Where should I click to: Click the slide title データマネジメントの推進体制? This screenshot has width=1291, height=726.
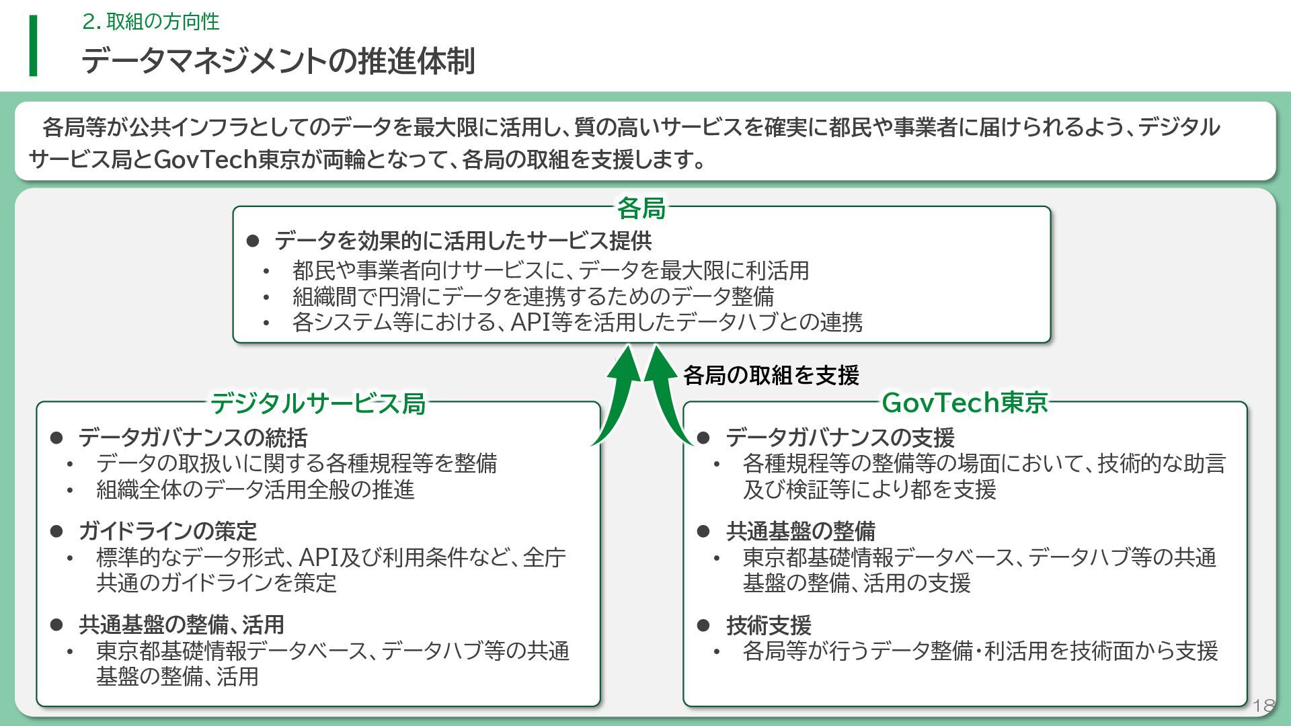278,61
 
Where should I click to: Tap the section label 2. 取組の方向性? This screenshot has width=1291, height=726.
151,22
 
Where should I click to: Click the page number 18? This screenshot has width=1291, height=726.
1263,706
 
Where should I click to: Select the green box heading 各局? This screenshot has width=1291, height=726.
641,208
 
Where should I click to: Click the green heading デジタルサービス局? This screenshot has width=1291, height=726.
318,403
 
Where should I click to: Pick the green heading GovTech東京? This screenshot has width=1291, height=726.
964,403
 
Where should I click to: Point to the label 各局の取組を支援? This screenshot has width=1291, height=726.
771,375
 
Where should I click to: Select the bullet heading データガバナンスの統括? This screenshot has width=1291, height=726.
192,438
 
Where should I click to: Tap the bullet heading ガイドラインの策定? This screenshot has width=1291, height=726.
167,531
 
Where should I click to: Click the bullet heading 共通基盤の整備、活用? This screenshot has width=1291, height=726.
182,624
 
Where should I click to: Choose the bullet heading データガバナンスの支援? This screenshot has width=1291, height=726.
840,438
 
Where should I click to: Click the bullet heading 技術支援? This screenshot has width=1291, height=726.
769,625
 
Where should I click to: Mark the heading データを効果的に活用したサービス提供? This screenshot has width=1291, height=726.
463,241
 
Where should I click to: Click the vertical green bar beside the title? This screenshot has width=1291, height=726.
33,46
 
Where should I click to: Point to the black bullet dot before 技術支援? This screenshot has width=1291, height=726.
703,625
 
